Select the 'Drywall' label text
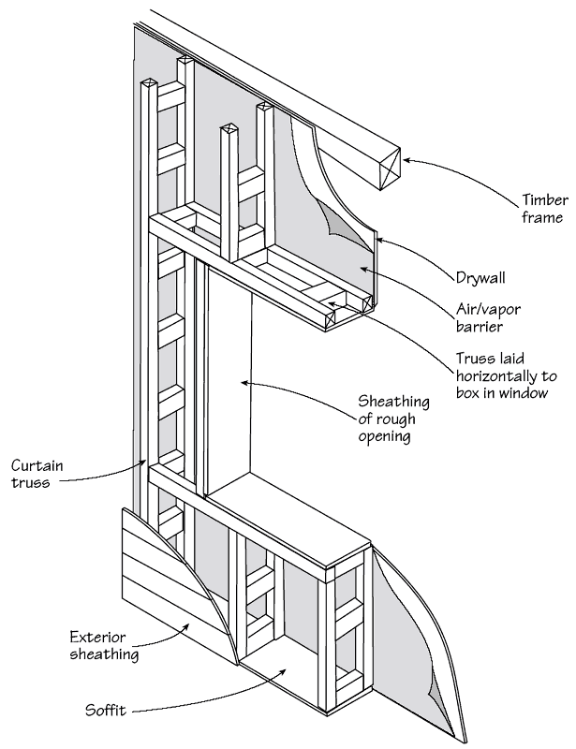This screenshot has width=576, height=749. click(x=480, y=277)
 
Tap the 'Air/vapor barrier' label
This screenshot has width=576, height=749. click(x=488, y=317)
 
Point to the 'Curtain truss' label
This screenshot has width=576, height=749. click(x=37, y=474)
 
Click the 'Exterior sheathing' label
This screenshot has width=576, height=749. click(x=104, y=645)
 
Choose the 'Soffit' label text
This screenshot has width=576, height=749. click(x=106, y=711)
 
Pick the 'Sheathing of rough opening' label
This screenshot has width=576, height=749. click(x=393, y=419)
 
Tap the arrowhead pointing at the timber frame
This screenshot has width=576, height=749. click(x=406, y=161)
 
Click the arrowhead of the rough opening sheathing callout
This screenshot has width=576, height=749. click(x=244, y=382)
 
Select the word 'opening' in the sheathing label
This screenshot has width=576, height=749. click(x=384, y=436)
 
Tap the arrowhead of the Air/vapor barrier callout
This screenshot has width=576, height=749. click(x=364, y=270)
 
